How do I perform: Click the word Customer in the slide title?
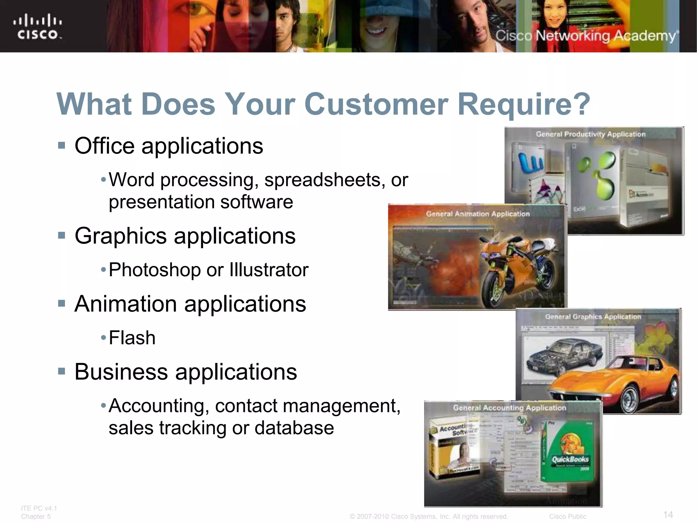click(x=376, y=104)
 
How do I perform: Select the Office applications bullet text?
click(x=168, y=146)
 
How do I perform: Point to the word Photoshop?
click(x=155, y=270)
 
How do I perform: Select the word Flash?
click(x=132, y=338)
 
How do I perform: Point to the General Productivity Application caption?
click(x=590, y=134)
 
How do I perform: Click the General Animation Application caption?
click(x=478, y=214)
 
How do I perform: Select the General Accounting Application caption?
click(x=509, y=408)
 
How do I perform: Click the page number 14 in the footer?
click(x=668, y=514)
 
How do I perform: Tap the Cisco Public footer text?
click(x=567, y=517)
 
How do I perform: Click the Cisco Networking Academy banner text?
click(x=585, y=36)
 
